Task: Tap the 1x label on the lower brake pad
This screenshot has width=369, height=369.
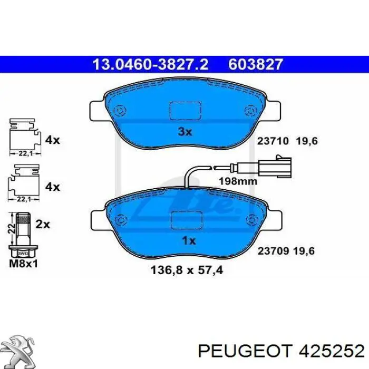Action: click(x=188, y=241)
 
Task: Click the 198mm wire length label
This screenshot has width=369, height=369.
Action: click(x=238, y=181)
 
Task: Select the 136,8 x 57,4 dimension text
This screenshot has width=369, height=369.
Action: click(x=187, y=272)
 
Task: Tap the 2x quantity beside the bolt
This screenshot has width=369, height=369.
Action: click(x=42, y=225)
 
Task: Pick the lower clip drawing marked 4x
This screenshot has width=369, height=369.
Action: click(x=24, y=183)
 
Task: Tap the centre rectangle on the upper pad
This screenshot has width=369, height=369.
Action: click(x=184, y=111)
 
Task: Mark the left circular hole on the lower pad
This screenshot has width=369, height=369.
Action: click(x=121, y=219)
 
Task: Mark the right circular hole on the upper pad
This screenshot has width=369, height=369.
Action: click(x=249, y=111)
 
